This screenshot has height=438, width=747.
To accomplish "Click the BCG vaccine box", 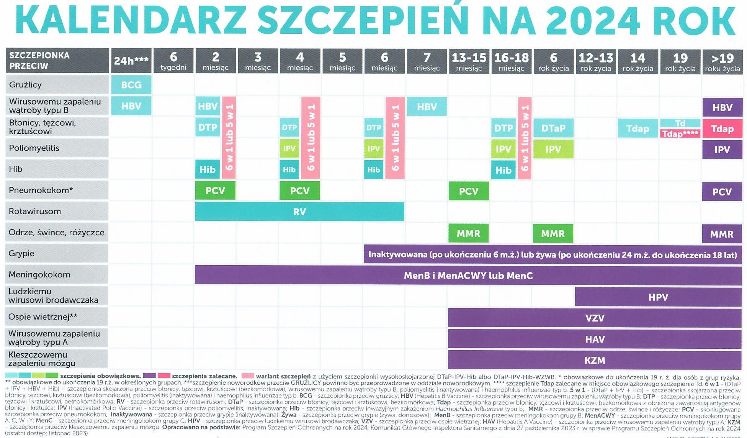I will [x=131, y=85].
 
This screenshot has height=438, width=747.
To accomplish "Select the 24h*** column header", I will [x=131, y=61].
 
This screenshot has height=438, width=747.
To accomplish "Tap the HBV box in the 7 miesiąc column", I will [x=427, y=107].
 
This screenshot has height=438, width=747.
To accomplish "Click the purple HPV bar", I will [x=658, y=297].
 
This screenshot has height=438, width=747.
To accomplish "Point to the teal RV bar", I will [x=299, y=212].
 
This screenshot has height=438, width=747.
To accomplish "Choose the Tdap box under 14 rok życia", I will [x=637, y=128].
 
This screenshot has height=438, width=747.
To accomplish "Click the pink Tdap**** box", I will [x=680, y=134].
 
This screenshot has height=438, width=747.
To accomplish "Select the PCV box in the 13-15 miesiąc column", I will [x=468, y=191].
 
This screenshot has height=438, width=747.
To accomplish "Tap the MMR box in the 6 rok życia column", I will [x=552, y=233].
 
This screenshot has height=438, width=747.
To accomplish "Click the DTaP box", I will [x=553, y=128].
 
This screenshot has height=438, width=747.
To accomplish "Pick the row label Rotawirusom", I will [x=35, y=211].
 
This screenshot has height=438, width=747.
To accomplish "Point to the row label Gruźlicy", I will [x=25, y=85].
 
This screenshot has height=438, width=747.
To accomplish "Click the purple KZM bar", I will [x=595, y=360].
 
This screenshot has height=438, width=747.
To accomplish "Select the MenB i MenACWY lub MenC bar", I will [x=468, y=276].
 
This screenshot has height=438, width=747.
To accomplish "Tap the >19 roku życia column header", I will [x=722, y=61].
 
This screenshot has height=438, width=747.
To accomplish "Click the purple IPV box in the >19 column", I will [x=722, y=149].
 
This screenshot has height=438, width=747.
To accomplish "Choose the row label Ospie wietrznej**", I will [x=43, y=317].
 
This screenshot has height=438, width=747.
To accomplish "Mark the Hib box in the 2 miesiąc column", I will [x=207, y=169].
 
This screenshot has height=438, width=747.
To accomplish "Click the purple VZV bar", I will [x=595, y=318].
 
